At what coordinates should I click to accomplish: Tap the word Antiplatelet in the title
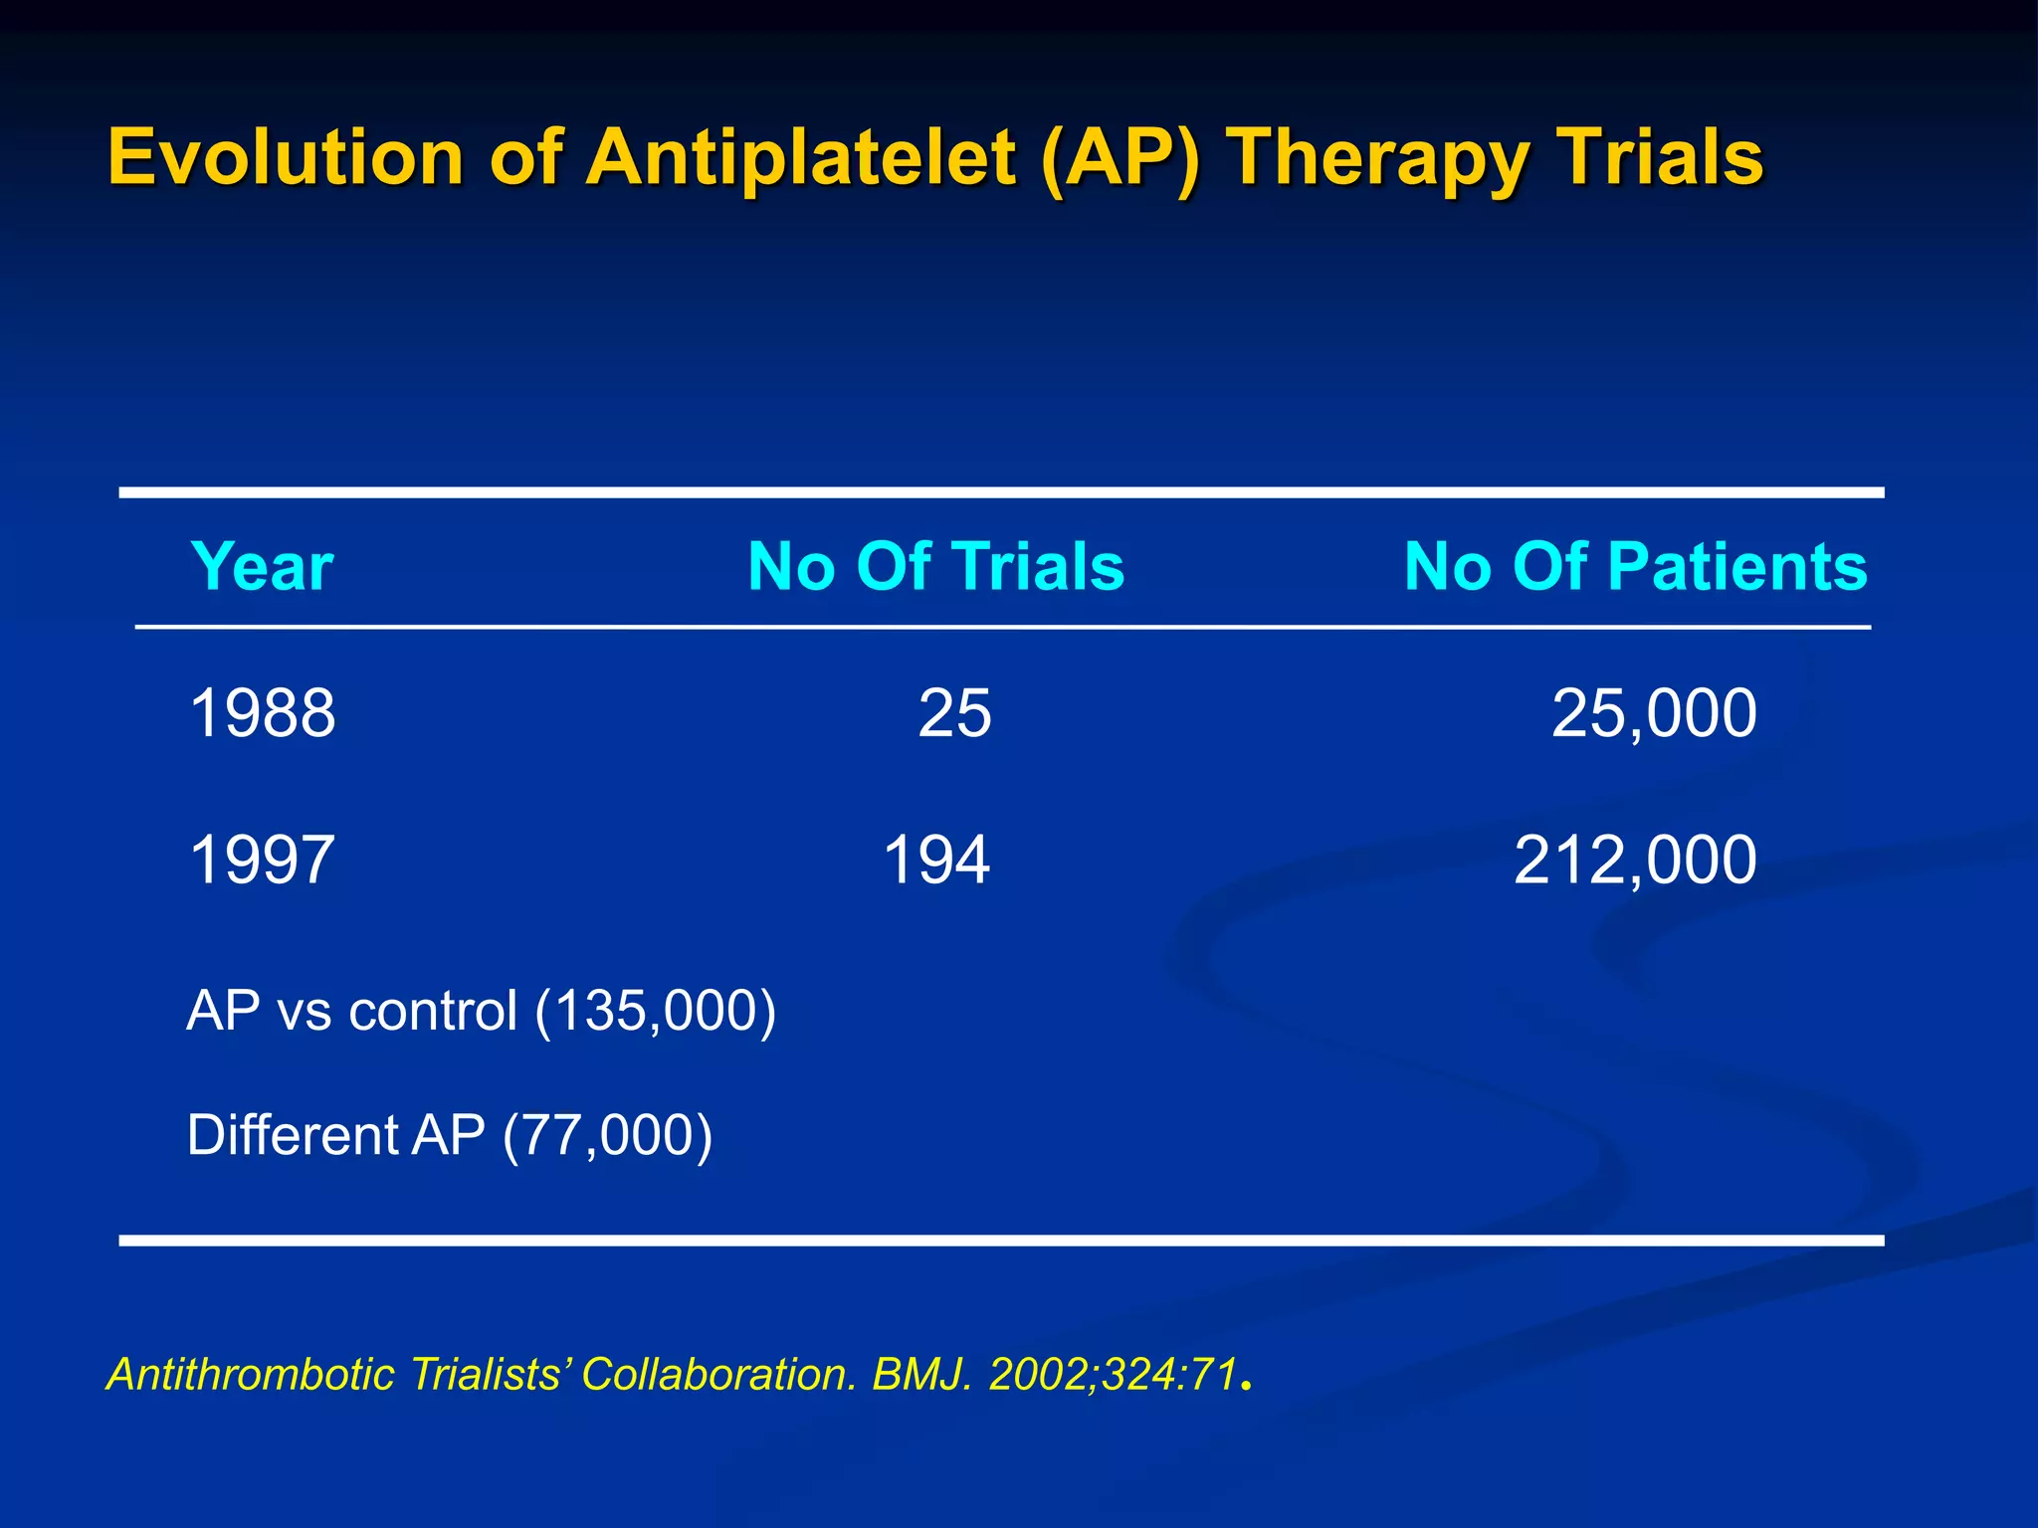[801, 157]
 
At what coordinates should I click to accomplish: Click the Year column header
[262, 567]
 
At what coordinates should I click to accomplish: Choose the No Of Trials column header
[935, 567]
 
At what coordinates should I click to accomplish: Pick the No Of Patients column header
[1635, 567]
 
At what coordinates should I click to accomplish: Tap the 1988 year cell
[262, 713]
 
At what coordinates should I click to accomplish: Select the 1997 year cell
[262, 859]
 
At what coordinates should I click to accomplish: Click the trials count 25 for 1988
[954, 713]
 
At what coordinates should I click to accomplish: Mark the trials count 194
[936, 859]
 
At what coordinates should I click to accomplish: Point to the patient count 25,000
[1654, 713]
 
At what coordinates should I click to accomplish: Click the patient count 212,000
[1635, 859]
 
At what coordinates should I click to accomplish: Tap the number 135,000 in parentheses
[656, 1012]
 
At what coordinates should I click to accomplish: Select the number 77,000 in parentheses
[607, 1135]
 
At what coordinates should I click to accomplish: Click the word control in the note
[433, 1012]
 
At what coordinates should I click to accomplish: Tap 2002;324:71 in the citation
[1113, 1375]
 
